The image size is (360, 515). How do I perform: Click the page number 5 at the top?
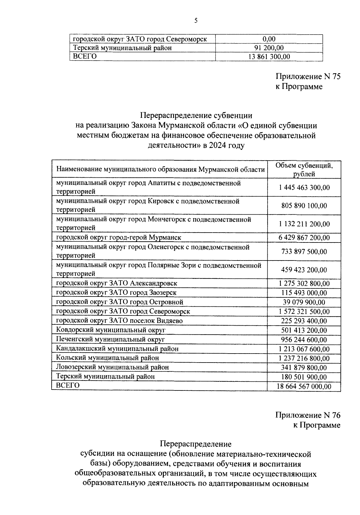pos(196,21)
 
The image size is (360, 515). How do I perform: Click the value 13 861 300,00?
pos(269,57)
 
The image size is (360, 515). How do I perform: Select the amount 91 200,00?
pos(269,48)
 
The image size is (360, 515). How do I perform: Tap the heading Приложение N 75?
pos(308,77)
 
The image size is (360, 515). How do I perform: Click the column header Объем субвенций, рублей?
pos(304,170)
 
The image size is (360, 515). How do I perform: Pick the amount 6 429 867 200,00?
pos(304,238)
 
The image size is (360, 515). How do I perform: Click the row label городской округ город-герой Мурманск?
pos(118,238)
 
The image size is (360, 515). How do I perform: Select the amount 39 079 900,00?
pos(304,302)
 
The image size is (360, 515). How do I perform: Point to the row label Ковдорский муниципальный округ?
pos(111,330)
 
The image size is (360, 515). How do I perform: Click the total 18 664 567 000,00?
pos(304,387)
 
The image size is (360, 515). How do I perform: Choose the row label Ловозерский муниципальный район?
pos(112,367)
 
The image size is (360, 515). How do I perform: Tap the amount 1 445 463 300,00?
pos(304,188)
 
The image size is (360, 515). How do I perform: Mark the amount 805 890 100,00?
pos(304,206)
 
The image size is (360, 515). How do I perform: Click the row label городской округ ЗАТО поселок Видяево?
pos(119,321)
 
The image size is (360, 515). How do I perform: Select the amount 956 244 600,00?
pos(304,340)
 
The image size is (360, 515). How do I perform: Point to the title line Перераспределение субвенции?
pos(196,116)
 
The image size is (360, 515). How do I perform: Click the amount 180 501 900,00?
pos(304,377)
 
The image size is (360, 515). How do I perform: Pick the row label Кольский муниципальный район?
pos(107,358)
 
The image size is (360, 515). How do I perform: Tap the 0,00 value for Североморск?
pos(269,39)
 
